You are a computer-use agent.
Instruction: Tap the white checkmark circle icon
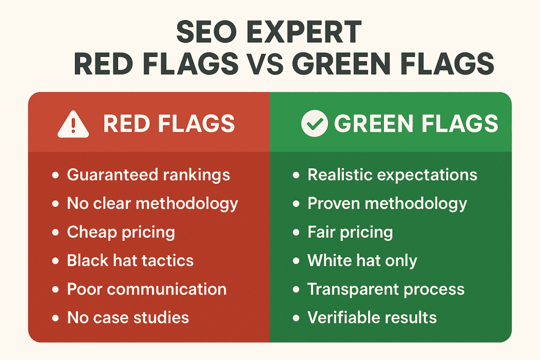[x=314, y=124]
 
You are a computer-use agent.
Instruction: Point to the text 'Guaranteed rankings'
[x=148, y=175]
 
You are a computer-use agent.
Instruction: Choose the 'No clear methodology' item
[x=152, y=203]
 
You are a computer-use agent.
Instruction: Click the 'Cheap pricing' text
[x=121, y=232]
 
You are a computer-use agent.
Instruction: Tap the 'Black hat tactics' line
[x=130, y=260]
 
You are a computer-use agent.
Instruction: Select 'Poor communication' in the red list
[x=147, y=289]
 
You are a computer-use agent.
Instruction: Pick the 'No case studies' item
[x=128, y=317]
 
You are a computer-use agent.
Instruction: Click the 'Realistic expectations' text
[x=392, y=175]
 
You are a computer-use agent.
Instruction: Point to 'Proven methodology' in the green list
[x=387, y=203]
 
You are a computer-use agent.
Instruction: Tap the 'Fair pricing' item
[x=350, y=232]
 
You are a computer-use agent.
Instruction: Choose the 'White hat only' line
[x=362, y=260]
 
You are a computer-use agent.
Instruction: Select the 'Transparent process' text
[x=386, y=289]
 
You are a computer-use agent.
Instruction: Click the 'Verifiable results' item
[x=372, y=317]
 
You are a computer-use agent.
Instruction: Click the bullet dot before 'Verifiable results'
[x=296, y=318]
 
